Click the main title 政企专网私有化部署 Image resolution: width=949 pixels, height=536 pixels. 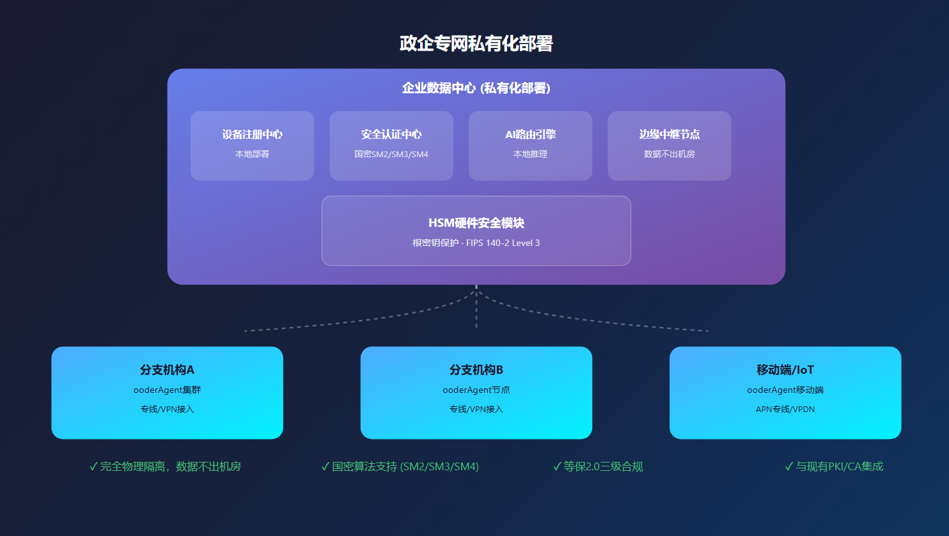point(476,43)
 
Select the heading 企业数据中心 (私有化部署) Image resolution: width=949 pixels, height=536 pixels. point(476,88)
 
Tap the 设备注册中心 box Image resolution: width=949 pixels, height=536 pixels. point(252,146)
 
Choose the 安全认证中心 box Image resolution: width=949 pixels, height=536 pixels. point(391,146)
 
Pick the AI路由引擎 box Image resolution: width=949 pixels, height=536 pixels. point(530,146)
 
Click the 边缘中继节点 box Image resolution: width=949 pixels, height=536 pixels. point(669,146)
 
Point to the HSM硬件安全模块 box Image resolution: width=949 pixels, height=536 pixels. point(476,230)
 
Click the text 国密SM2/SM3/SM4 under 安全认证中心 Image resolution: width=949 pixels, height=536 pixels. point(391,154)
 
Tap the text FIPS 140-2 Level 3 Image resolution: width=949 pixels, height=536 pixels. point(503,243)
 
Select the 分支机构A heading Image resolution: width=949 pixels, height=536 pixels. point(167,370)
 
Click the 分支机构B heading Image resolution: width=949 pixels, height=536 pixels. point(476,370)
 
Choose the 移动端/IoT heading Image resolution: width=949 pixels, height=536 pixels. point(785,370)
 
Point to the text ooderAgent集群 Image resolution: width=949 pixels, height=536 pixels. point(167,390)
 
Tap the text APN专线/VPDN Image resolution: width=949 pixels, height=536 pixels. point(785,409)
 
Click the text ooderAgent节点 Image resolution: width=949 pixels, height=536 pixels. point(476,390)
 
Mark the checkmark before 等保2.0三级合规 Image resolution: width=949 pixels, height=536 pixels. point(557,466)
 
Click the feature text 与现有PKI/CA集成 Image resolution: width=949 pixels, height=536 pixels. point(838,466)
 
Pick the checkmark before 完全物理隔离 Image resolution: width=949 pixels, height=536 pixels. point(93,466)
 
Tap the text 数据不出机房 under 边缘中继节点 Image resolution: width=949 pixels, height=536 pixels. point(669,154)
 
